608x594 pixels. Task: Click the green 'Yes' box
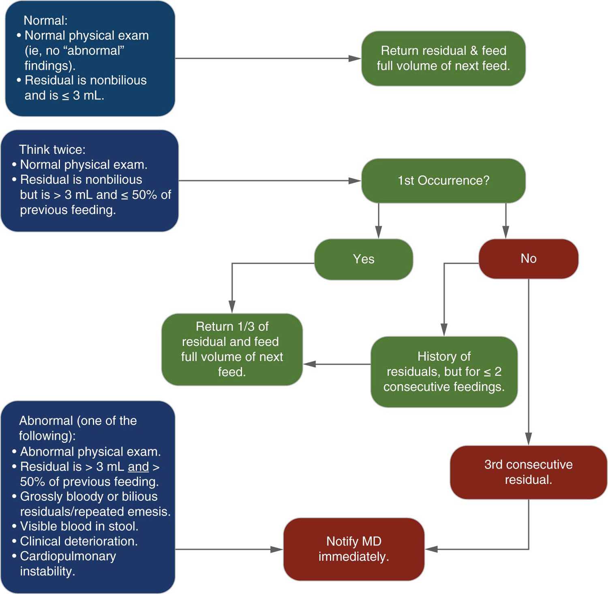coord(364,259)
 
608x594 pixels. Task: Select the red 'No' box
coord(528,259)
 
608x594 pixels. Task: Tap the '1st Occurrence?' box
coord(443,181)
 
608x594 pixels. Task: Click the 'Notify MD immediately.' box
coord(353,549)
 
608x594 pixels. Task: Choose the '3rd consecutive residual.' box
coord(528,472)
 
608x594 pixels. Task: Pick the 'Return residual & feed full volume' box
coord(443,58)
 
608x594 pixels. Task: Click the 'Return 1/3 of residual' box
coord(232,349)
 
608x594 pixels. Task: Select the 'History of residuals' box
coord(444,371)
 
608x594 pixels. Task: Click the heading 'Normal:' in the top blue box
coord(45,21)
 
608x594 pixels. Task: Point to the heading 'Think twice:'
coord(52,150)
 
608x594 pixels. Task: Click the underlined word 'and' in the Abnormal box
coord(138,467)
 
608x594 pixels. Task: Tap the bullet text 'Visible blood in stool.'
coord(79,526)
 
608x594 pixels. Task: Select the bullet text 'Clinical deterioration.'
coord(79,541)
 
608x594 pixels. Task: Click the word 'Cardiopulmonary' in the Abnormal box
coord(68,556)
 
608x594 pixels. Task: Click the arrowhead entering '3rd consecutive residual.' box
coord(528,439)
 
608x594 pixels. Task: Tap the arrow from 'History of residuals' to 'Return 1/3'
coord(336,364)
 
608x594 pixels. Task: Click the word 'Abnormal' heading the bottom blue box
coord(46,421)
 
